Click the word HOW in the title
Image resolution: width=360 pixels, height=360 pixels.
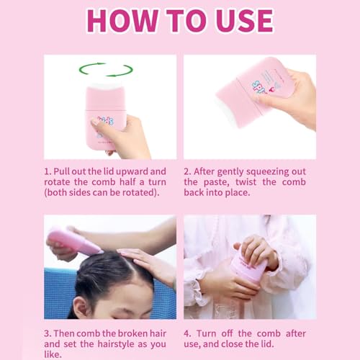coord(122,21)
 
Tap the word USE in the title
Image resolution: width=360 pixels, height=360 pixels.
coord(245,21)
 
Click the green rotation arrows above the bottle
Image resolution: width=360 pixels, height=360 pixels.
coord(106,70)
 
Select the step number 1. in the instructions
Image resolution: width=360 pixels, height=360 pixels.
coord(48,171)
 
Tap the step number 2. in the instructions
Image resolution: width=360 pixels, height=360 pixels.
coord(187,171)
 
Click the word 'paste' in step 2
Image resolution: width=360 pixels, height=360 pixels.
coord(216,182)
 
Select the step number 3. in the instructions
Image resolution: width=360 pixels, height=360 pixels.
coord(48,333)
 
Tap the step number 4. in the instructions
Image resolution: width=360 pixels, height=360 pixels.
coord(188,333)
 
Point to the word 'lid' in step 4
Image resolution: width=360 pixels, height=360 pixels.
coord(267,344)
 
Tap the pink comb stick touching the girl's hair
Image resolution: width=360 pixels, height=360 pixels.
coord(74,243)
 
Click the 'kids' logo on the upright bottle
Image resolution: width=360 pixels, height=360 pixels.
coord(106,121)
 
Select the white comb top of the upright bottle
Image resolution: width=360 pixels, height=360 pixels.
coord(106,86)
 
